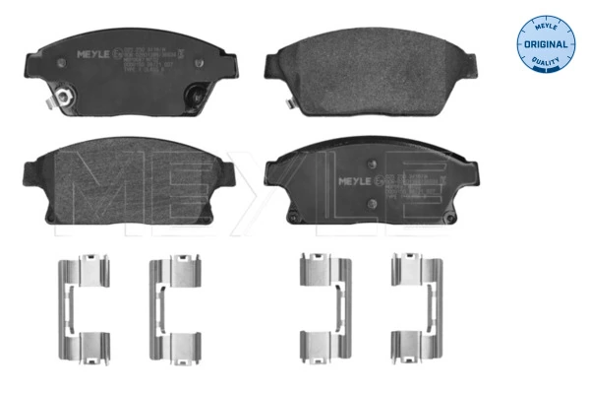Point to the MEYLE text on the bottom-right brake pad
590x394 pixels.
pyautogui.click(x=356, y=182)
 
